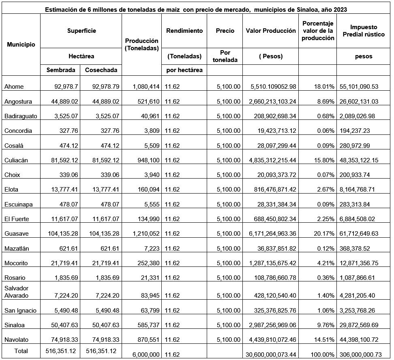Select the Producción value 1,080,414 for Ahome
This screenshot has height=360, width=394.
click(x=146, y=86)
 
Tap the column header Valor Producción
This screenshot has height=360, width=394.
click(x=271, y=31)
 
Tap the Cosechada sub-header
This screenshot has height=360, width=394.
click(x=101, y=70)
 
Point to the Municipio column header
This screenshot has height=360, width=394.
click(x=21, y=45)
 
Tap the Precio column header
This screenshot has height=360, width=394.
click(x=225, y=31)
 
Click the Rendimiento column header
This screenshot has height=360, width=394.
click(x=184, y=31)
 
